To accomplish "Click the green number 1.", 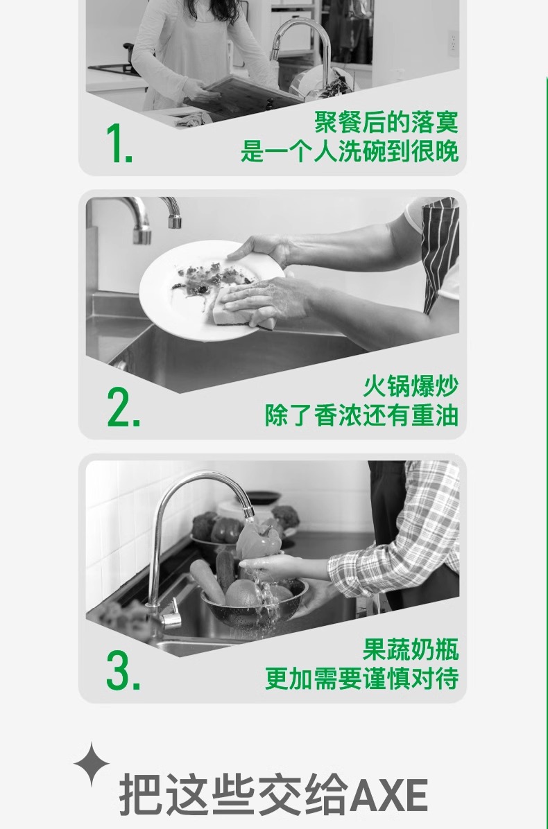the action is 119,143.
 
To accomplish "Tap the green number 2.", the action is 123,407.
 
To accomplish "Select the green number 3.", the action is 123,670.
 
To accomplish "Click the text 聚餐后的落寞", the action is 386,122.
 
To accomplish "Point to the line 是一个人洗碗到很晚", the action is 350,151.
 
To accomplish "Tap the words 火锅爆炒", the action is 411,386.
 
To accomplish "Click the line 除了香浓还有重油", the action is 361,415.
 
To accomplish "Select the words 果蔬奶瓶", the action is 411,649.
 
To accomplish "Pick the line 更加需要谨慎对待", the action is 361,679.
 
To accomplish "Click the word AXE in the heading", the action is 388,795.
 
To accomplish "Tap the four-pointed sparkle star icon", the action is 92,764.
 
